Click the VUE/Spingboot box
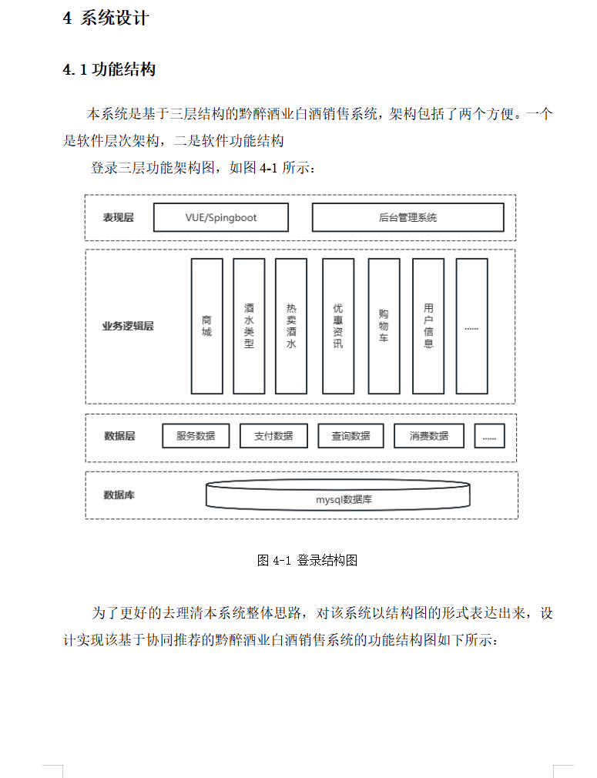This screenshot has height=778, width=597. (221, 217)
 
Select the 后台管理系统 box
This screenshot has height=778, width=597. (408, 217)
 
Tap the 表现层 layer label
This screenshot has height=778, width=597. (118, 217)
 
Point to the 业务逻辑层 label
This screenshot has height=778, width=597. (128, 326)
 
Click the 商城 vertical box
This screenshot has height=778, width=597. (206, 326)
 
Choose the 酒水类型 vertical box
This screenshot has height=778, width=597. (249, 326)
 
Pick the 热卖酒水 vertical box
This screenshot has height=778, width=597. (291, 326)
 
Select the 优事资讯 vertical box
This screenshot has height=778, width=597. (338, 326)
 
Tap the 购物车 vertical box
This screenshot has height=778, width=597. (384, 326)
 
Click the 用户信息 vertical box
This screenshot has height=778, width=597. (428, 326)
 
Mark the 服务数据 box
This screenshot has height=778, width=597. (196, 436)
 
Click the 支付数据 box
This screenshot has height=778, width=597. (273, 436)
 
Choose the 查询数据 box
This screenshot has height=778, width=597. (350, 436)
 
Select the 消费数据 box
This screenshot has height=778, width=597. (429, 436)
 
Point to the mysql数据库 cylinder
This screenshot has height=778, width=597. (338, 497)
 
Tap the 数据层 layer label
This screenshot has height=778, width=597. (119, 436)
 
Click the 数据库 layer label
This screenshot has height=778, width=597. (119, 495)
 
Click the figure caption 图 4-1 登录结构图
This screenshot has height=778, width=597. (307, 561)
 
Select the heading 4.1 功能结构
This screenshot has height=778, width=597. (109, 70)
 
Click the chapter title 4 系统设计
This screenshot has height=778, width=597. (106, 18)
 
